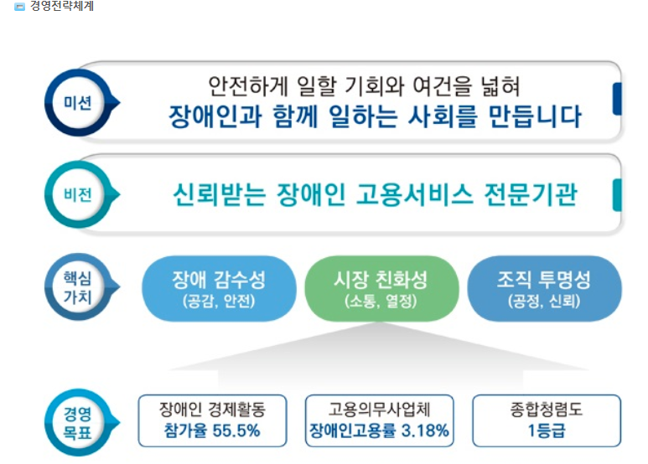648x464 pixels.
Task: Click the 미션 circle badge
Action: coord(79,102)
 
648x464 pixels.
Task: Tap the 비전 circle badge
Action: coord(79,194)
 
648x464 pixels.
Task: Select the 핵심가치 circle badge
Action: coord(79,287)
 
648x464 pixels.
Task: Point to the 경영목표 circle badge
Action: coord(79,422)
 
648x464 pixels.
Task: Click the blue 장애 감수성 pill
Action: coord(219,289)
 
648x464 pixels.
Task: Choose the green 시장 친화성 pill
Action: coord(381,289)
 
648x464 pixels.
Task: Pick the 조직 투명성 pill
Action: coord(544,289)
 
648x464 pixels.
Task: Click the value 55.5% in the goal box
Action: coord(236,430)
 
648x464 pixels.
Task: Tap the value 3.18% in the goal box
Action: coord(425,430)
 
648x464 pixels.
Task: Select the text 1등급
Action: coord(547,430)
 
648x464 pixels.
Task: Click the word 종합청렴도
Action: coord(547,409)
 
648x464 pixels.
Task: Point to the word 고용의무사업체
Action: coord(380,409)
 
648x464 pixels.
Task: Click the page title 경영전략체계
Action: coord(62,6)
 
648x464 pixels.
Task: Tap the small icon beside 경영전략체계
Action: coord(19,7)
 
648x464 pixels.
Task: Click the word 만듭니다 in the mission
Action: coord(535,116)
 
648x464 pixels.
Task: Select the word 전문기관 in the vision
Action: coord(531,194)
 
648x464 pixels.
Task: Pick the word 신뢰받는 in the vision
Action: coord(219,194)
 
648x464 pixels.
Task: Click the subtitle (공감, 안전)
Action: coord(219,302)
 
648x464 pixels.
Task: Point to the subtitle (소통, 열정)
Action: coord(381,302)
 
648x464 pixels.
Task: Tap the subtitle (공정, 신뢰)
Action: coord(544,302)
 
